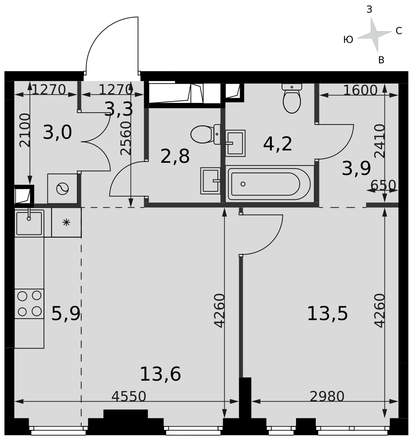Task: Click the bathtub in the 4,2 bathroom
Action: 270,184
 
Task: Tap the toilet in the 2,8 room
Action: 205,134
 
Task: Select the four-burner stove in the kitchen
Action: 29,304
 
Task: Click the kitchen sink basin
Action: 29,224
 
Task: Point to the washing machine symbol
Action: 62,189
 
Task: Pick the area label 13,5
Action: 327,313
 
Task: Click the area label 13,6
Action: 160,374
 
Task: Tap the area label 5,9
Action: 66,313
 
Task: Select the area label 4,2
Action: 278,144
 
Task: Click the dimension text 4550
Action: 129,396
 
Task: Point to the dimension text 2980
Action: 327,396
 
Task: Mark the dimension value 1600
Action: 360,90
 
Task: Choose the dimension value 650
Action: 383,185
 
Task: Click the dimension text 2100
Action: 25,130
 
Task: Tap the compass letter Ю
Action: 348,40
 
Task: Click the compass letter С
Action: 398,31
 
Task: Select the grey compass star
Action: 374,35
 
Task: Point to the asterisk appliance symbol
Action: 66,223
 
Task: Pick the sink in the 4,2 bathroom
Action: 235,143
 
